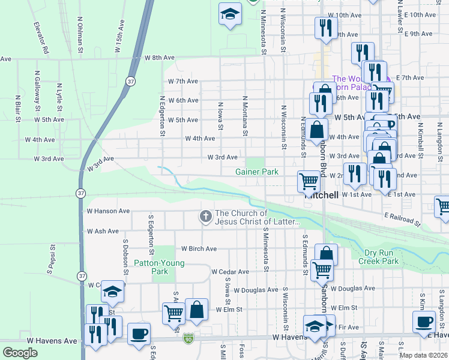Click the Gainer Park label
[257, 172]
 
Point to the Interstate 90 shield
[188, 339]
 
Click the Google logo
[20, 353]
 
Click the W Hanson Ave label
[108, 211]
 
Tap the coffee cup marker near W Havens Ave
[139, 334]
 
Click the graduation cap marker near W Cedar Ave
[112, 291]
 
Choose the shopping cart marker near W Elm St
[173, 312]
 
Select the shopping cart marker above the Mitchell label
[309, 180]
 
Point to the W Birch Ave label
[199, 249]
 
